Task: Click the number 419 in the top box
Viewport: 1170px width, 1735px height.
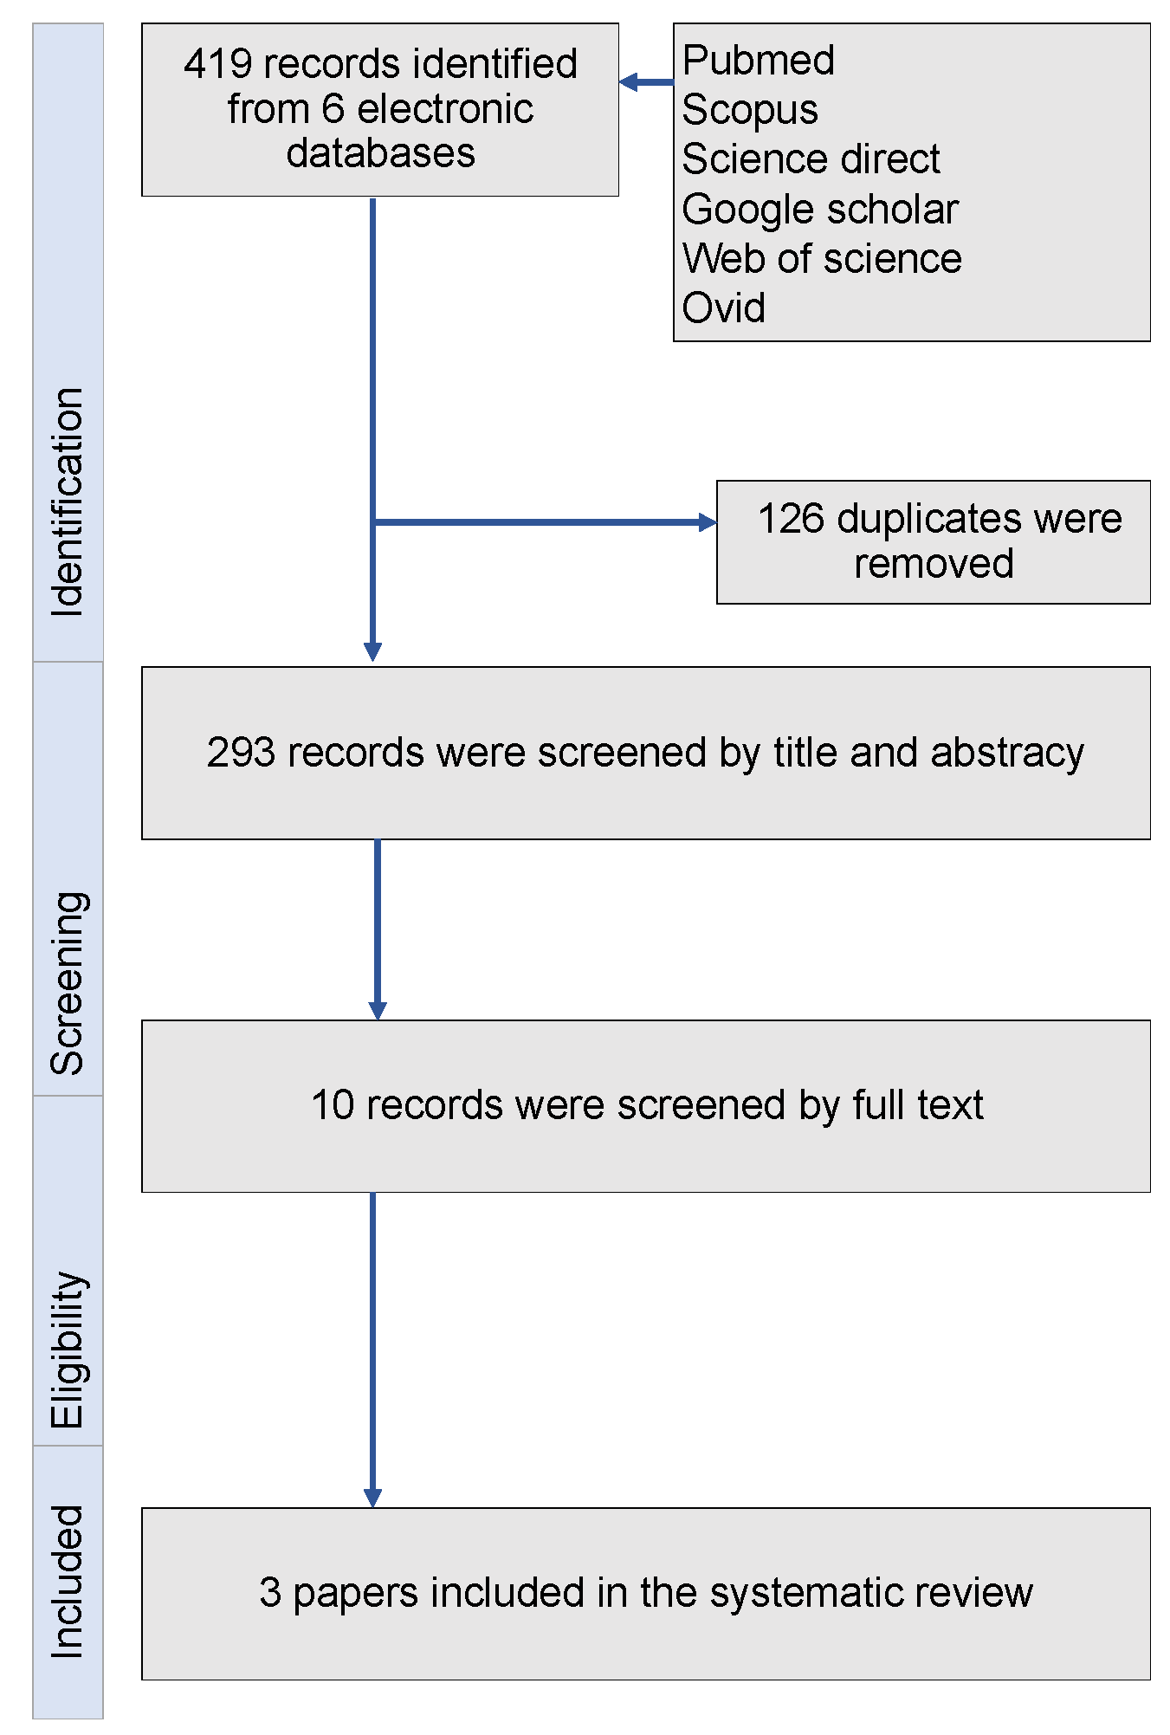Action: coord(217,64)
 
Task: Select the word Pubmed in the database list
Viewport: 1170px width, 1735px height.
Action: coord(758,61)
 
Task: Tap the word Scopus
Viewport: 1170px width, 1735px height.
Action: coord(749,110)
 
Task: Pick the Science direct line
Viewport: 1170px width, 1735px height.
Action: coord(810,159)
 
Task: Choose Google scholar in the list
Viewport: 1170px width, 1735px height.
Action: coord(819,210)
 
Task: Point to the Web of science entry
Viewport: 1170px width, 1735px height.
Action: coord(821,259)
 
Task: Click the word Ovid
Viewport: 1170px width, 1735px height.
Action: coord(723,308)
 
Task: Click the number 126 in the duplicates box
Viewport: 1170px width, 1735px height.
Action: coord(790,519)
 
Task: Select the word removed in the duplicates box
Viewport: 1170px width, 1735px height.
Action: coord(933,564)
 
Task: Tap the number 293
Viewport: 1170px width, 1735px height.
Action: coord(241,752)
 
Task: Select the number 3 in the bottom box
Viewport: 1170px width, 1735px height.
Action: coord(270,1593)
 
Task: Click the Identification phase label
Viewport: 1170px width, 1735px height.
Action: coord(68,502)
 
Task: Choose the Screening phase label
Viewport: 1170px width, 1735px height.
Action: coord(68,983)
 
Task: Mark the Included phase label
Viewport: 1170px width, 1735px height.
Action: coord(68,1582)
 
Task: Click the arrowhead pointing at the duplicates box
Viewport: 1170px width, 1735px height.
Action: coord(708,522)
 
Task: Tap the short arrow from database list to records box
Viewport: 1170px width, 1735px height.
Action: coord(645,82)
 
